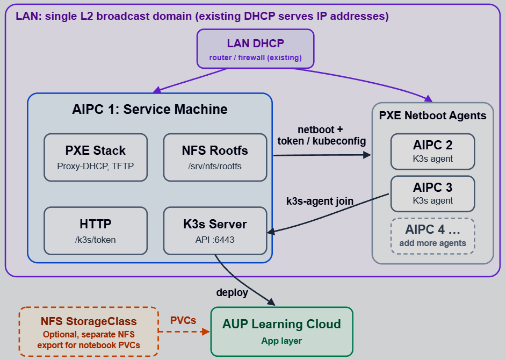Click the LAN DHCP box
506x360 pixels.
(255, 49)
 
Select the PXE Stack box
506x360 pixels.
(96, 157)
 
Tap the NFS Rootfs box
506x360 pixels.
(215, 157)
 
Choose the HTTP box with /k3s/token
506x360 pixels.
(96, 231)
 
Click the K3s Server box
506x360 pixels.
(215, 231)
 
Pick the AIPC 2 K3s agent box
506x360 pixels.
(432, 152)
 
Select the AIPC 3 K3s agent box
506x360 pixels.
(432, 194)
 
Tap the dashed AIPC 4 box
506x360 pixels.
(432, 236)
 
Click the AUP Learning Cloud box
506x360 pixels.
(281, 332)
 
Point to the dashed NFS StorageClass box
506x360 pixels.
(89, 332)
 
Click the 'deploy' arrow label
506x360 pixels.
(232, 292)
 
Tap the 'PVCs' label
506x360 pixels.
(183, 320)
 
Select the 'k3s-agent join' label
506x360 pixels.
(320, 201)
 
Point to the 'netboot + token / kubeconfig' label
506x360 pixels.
(321, 135)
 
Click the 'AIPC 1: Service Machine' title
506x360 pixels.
(150, 109)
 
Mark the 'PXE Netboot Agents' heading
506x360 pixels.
(432, 116)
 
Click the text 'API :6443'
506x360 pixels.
(215, 240)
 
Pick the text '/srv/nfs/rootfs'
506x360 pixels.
(215, 166)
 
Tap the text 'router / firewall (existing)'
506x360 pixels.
(255, 57)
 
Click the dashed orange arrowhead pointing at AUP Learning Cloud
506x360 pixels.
(205, 332)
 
